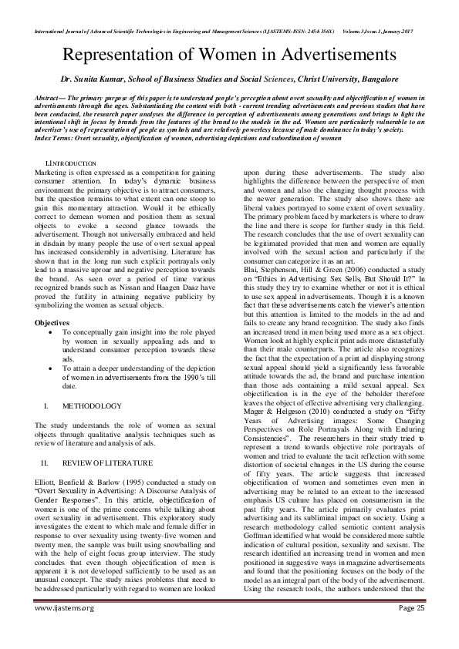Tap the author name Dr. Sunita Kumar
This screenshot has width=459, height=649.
tap(96, 79)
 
